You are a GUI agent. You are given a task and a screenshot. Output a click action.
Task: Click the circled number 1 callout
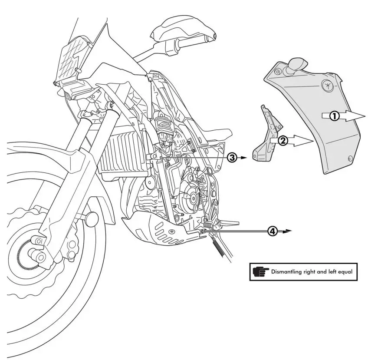pos(334,116)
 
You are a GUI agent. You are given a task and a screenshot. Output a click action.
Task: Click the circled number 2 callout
pos(282,141)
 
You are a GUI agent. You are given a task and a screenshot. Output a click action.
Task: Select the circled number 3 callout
pos(232,158)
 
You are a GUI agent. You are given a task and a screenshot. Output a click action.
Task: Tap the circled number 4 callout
pos(272,231)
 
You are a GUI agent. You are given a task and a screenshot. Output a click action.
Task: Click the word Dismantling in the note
pos(288,272)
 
